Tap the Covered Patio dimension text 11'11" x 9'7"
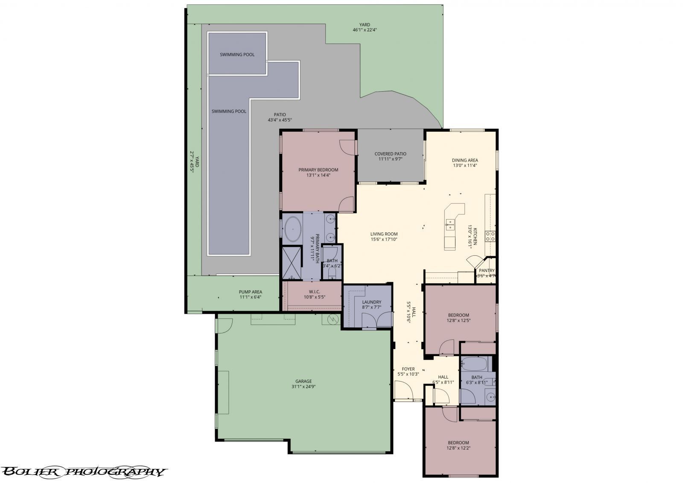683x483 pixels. (390, 159)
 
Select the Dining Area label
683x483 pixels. (465, 160)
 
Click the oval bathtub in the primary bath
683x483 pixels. (292, 229)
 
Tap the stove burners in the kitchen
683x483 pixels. (490, 236)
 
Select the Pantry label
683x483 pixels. (487, 270)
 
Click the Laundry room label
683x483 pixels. (371, 302)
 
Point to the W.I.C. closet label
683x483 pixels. (315, 292)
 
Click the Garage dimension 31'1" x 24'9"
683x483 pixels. (304, 387)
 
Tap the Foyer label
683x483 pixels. (408, 369)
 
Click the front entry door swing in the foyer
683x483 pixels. (402, 390)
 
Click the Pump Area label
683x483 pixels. (250, 292)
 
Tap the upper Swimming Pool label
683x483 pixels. (237, 55)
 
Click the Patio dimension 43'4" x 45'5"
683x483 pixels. (280, 120)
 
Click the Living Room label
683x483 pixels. (384, 234)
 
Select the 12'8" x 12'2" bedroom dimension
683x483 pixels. (458, 448)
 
